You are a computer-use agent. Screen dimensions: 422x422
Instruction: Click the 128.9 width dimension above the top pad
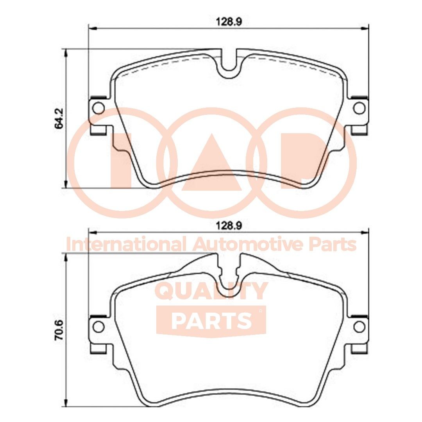229,22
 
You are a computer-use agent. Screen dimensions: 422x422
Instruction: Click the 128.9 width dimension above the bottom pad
229,225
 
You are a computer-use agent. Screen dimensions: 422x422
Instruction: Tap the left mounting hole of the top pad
99,107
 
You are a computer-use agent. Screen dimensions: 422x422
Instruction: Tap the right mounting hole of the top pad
359,107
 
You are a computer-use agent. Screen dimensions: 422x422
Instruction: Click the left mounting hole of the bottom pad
99,325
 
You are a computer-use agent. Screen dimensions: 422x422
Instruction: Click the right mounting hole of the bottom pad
359,325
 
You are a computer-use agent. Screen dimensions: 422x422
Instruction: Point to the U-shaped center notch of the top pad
229,64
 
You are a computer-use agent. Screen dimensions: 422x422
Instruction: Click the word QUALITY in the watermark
211,291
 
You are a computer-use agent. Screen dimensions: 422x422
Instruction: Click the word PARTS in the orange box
211,320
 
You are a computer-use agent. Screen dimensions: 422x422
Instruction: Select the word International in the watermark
125,245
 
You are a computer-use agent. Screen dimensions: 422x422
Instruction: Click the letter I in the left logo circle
121,160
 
